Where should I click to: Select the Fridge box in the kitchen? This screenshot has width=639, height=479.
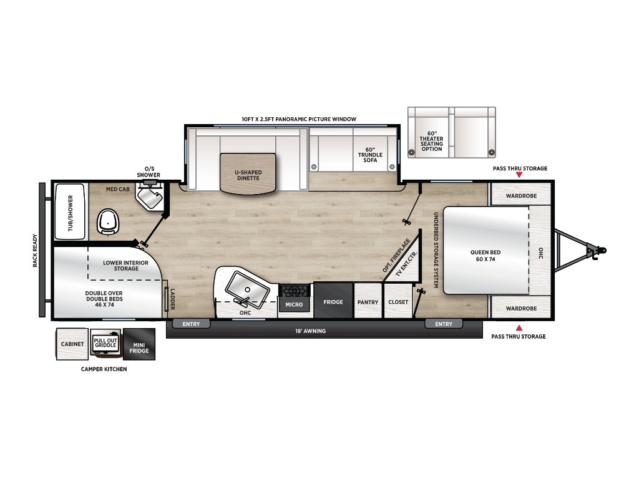pyautogui.click(x=333, y=301)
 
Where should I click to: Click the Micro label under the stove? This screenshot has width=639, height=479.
pyautogui.click(x=294, y=304)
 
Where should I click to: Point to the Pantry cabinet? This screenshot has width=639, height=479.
pyautogui.click(x=368, y=301)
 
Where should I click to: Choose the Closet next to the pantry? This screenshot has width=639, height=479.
pyautogui.click(x=398, y=301)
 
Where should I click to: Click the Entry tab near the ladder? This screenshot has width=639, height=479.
pyautogui.click(x=191, y=324)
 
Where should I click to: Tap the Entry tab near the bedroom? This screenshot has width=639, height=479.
pyautogui.click(x=444, y=324)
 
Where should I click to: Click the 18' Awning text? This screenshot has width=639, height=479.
pyautogui.click(x=311, y=331)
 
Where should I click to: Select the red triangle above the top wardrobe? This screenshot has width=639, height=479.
pyautogui.click(x=519, y=175)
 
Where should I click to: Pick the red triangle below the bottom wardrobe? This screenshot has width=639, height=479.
pyautogui.click(x=519, y=327)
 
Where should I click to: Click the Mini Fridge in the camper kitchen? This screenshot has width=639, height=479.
pyautogui.click(x=139, y=344)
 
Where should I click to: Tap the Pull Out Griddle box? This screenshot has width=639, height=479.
pyautogui.click(x=105, y=343)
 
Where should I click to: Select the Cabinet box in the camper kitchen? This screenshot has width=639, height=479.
pyautogui.click(x=72, y=344)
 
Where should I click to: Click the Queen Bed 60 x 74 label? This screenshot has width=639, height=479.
pyautogui.click(x=485, y=256)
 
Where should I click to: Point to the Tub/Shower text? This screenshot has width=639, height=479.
pyautogui.click(x=71, y=213)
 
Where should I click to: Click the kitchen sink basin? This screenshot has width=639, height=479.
pyautogui.click(x=247, y=289)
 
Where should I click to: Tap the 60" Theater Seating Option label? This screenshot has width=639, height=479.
pyautogui.click(x=432, y=142)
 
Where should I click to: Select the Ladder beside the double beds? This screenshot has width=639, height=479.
pyautogui.click(x=166, y=299)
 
